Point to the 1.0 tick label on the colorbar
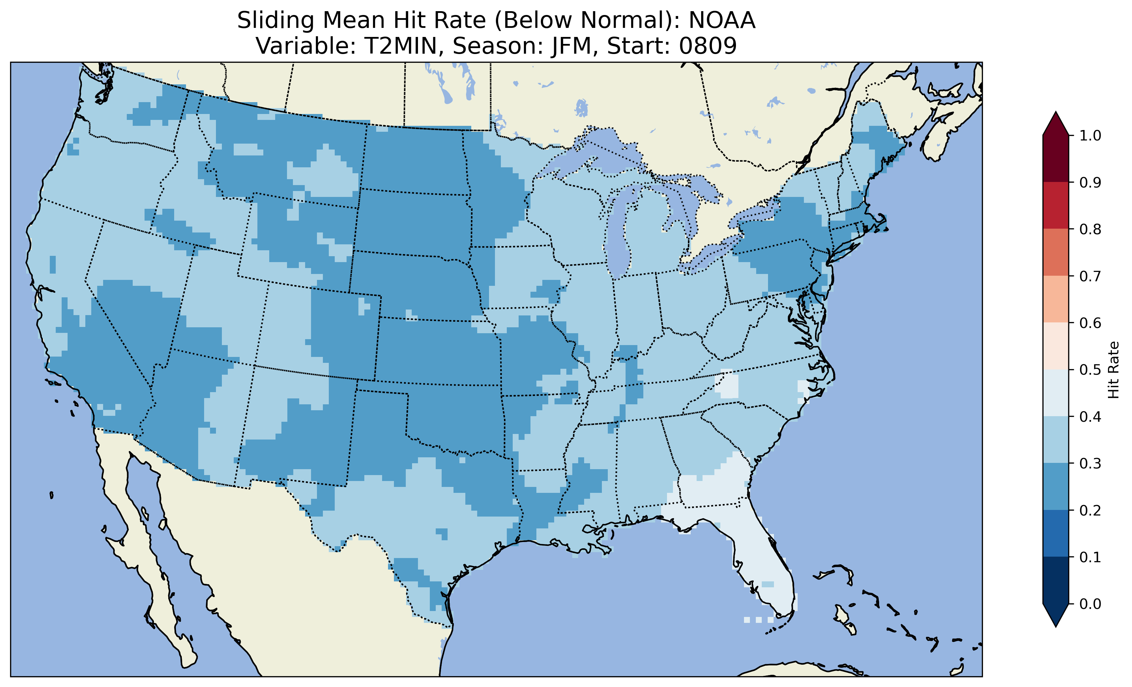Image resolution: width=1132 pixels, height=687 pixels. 1090,136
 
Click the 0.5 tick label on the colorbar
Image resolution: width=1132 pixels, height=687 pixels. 1090,370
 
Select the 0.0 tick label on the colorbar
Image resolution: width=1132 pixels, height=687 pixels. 1090,604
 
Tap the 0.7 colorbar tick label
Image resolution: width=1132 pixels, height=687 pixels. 1090,276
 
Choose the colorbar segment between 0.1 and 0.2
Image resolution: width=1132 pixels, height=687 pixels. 1056,533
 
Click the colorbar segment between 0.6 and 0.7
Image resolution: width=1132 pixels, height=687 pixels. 1056,299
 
